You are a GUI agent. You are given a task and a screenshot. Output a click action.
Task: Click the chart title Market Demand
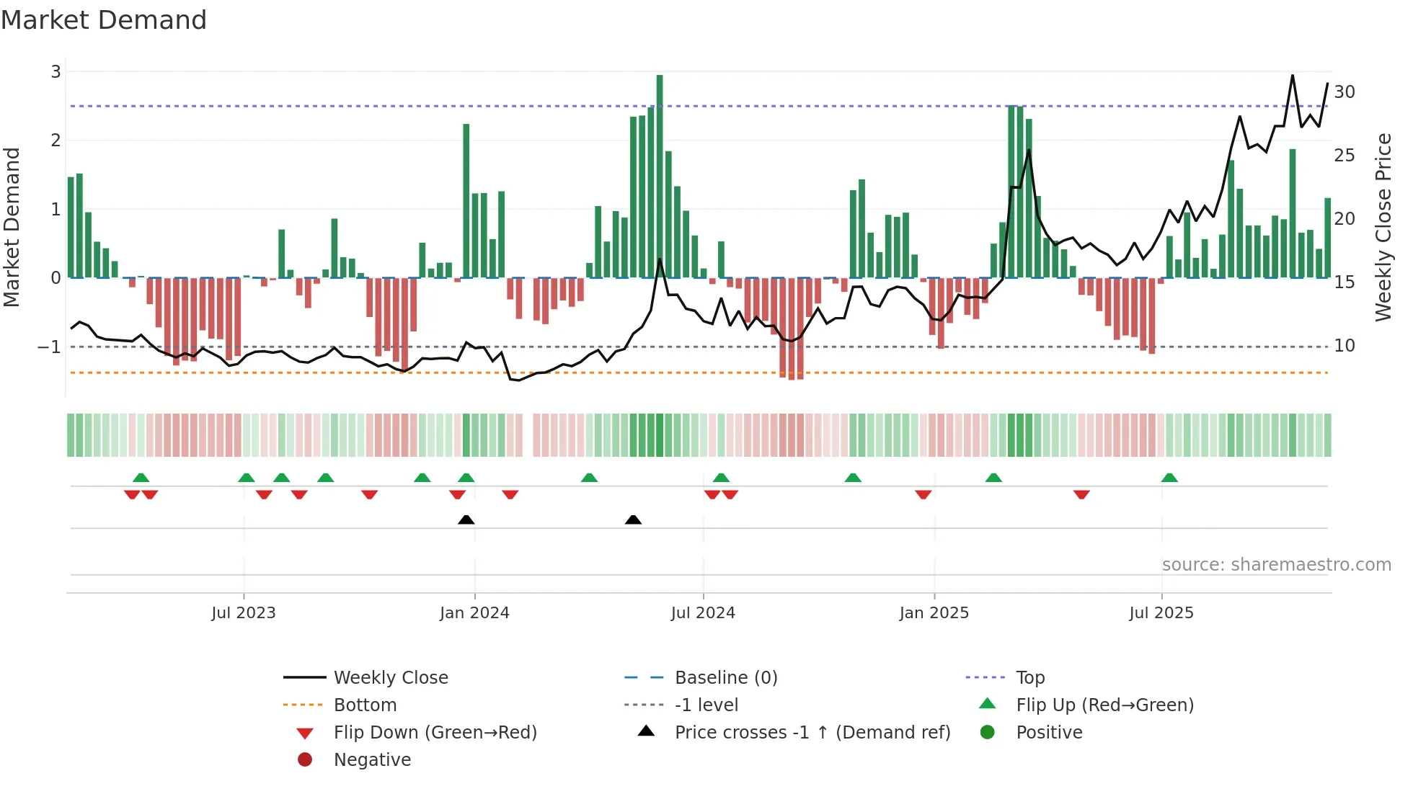coord(104,20)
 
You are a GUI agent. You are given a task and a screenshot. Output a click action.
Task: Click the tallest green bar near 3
coord(660,176)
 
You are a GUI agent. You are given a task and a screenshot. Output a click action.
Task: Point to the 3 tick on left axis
coord(56,72)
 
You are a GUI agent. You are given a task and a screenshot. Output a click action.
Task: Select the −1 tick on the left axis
coord(49,347)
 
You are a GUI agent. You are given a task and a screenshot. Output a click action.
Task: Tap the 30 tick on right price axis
coord(1344,92)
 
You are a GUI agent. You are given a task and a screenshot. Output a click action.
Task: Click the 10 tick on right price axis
coord(1344,346)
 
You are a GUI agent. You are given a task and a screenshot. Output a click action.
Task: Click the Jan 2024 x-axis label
coord(474,613)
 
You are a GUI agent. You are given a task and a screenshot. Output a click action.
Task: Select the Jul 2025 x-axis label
coord(1161,613)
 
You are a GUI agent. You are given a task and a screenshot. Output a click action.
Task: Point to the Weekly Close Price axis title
coord(1383,227)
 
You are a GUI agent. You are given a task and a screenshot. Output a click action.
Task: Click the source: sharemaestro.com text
coord(1276,565)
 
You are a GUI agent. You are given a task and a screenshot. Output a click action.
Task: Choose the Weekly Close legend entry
coord(390,678)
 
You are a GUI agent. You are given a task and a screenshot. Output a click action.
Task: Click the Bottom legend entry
coord(365,705)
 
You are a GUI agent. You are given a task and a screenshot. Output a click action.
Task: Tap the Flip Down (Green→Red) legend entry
coord(435,733)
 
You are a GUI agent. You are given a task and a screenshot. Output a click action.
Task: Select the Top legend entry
coord(1029,678)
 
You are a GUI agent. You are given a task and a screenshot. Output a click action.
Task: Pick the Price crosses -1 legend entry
coord(812,733)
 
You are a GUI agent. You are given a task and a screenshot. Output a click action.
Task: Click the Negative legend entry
coord(372,760)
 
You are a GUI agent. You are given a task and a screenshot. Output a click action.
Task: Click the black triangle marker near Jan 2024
coord(466,519)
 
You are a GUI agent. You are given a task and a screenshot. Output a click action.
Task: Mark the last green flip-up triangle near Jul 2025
coord(1169,478)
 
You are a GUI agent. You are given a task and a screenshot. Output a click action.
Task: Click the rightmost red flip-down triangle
coord(1081,494)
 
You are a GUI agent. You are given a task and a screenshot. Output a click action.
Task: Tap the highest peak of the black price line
coord(1293,76)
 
